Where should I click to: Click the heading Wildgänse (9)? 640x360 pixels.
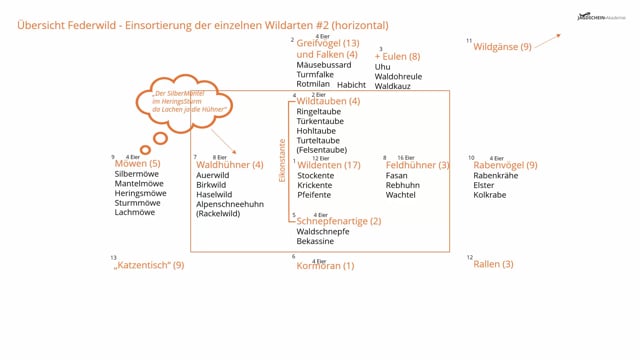tap(502, 46)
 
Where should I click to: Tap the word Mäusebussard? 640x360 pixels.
tap(324, 65)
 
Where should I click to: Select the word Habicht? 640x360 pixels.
tap(351, 85)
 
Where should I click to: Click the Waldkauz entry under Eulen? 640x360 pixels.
tap(394, 86)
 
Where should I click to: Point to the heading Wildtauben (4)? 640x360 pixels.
tap(328, 101)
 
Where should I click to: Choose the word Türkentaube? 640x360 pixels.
tap(320, 121)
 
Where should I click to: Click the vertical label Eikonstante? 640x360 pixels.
tap(282, 160)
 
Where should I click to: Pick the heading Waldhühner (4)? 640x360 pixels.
tap(229, 164)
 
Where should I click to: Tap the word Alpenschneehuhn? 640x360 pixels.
tap(230, 203)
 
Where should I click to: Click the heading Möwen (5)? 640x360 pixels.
tap(137, 163)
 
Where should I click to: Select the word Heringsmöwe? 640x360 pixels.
tap(140, 193)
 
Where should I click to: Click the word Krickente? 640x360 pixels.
tap(315, 185)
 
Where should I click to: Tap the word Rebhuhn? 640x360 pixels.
tap(403, 185)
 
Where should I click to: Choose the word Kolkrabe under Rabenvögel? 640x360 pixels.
tap(490, 195)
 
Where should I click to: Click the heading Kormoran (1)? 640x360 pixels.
tap(325, 266)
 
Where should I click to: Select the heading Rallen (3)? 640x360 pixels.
tap(493, 264)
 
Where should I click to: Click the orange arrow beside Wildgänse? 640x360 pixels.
tap(547, 40)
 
